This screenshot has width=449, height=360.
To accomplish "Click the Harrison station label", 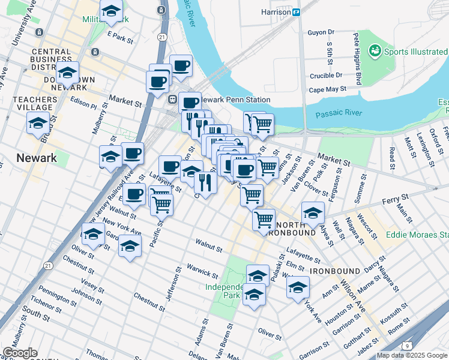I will click(276, 11).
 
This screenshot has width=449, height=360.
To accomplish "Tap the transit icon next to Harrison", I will click(296, 11).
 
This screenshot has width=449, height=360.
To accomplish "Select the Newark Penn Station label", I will click(237, 100).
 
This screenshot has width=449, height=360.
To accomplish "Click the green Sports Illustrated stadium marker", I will click(376, 52).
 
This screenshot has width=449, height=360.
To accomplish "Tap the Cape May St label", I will click(328, 89).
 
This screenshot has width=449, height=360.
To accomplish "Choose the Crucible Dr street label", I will click(326, 76).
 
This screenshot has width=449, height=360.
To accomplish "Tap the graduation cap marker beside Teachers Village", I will click(38, 124).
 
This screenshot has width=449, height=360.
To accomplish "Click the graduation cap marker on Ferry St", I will click(313, 213).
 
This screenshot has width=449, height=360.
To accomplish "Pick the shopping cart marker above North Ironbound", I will click(264, 220).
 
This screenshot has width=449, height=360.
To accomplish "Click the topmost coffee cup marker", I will click(181, 65).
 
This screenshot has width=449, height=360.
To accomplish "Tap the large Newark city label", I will click(36, 158).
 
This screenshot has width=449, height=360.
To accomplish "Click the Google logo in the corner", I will click(20, 352).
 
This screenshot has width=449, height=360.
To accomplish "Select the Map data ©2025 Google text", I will click(412, 355).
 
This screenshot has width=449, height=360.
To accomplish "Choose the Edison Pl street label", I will click(83, 103).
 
